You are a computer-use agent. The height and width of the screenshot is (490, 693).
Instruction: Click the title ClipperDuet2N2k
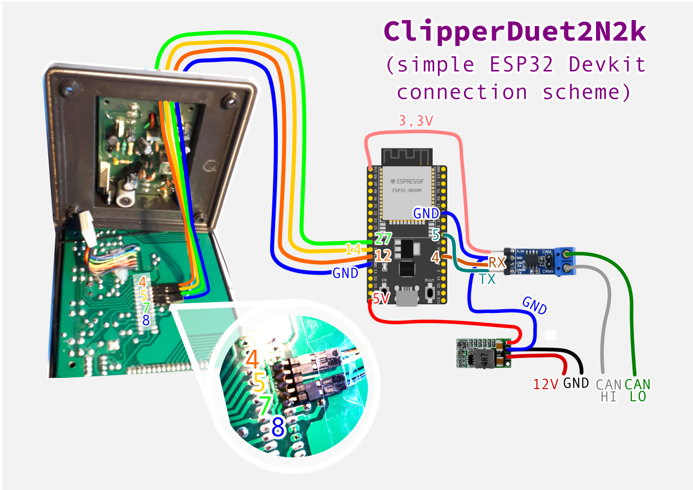[x=515, y=32]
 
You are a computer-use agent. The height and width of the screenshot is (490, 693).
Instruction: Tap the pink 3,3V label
[x=416, y=121]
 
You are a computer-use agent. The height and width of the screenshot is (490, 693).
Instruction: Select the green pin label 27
[x=383, y=239]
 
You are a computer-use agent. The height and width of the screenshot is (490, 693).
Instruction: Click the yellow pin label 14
[x=353, y=250]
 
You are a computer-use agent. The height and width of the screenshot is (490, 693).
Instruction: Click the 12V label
[x=545, y=385]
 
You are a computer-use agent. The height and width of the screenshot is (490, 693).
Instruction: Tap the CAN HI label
[x=609, y=390]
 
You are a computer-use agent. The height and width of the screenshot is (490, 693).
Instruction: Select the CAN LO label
[x=637, y=390]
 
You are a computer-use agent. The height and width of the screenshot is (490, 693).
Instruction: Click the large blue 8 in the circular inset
[x=278, y=427]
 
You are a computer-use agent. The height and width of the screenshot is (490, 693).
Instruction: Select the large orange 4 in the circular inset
[x=252, y=360]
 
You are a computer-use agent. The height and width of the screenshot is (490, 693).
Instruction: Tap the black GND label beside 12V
[x=576, y=384]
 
